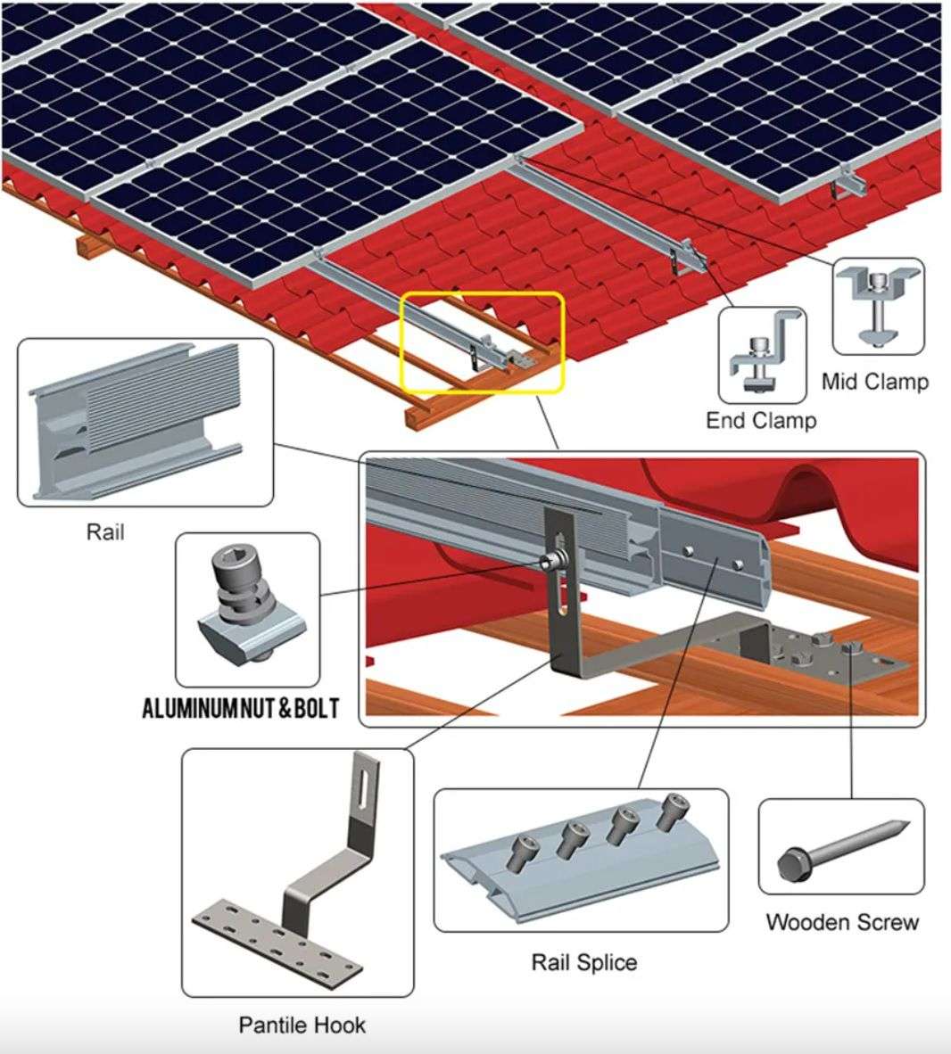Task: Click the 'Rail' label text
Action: pos(104,532)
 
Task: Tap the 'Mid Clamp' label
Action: pos(874,382)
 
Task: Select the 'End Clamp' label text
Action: pos(760,420)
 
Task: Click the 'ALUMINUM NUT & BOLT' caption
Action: pos(241,709)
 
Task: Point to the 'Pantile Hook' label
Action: pos(302,1025)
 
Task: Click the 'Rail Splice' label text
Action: pos(583,962)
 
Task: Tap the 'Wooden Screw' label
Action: pos(841,921)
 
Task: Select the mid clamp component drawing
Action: pos(878,308)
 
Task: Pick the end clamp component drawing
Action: pos(764,355)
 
